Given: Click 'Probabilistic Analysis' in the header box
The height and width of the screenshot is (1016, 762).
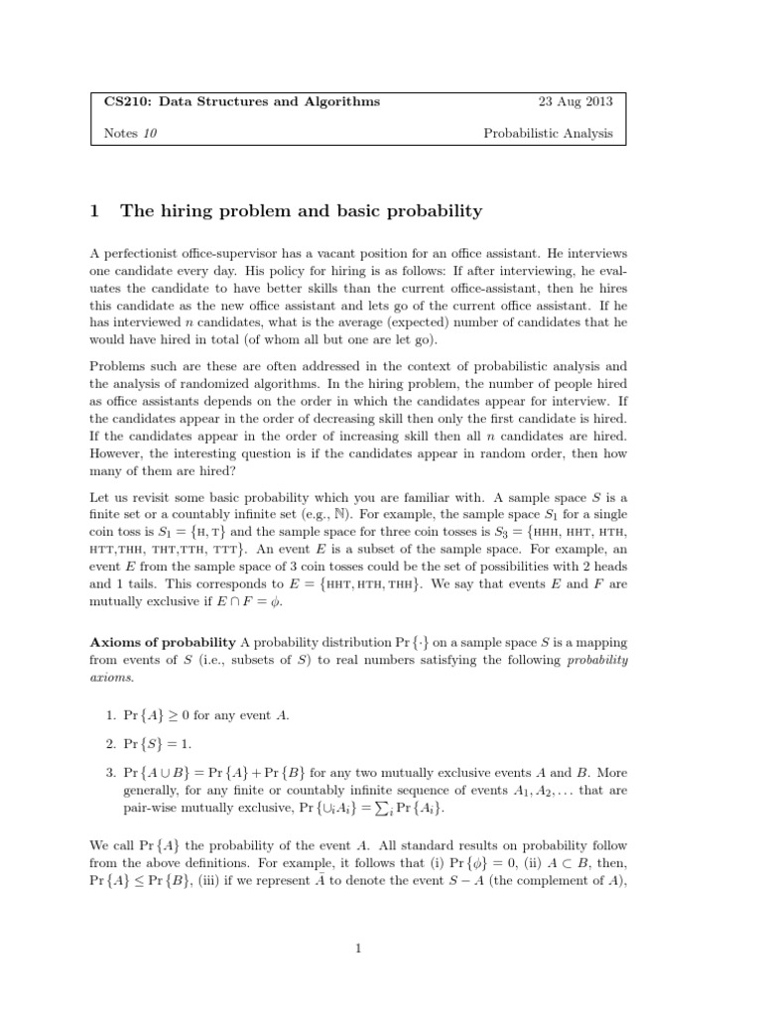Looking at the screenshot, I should (x=548, y=133).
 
